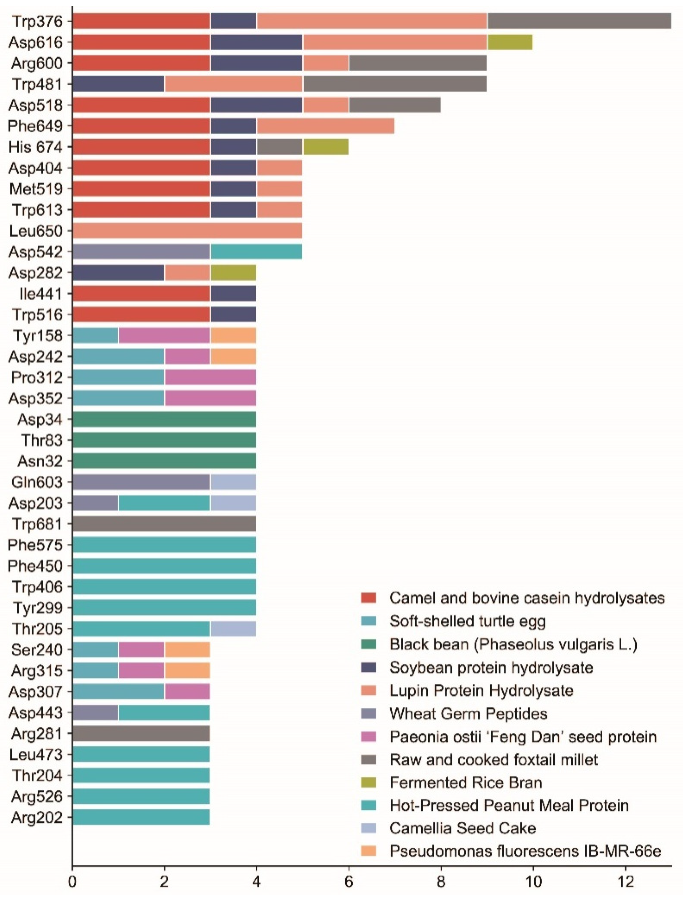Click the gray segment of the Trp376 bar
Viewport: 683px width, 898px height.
coord(579,21)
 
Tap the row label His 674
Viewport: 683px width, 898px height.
coord(36,147)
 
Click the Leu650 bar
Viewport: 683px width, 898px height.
coord(187,231)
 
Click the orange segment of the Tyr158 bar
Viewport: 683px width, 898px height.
coord(233,336)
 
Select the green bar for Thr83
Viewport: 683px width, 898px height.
coord(164,440)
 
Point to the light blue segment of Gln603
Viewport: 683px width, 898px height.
coord(233,483)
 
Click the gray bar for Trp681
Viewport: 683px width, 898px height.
coord(164,524)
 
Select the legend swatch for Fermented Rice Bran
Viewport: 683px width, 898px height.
coord(368,783)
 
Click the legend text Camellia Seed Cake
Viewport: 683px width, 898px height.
coord(463,828)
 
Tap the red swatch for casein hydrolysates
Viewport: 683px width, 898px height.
coord(368,598)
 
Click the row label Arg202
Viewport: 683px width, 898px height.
coord(37,817)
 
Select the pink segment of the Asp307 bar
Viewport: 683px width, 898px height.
coord(187,691)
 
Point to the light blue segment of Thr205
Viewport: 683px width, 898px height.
coord(233,629)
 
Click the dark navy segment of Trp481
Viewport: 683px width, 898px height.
coord(118,84)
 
